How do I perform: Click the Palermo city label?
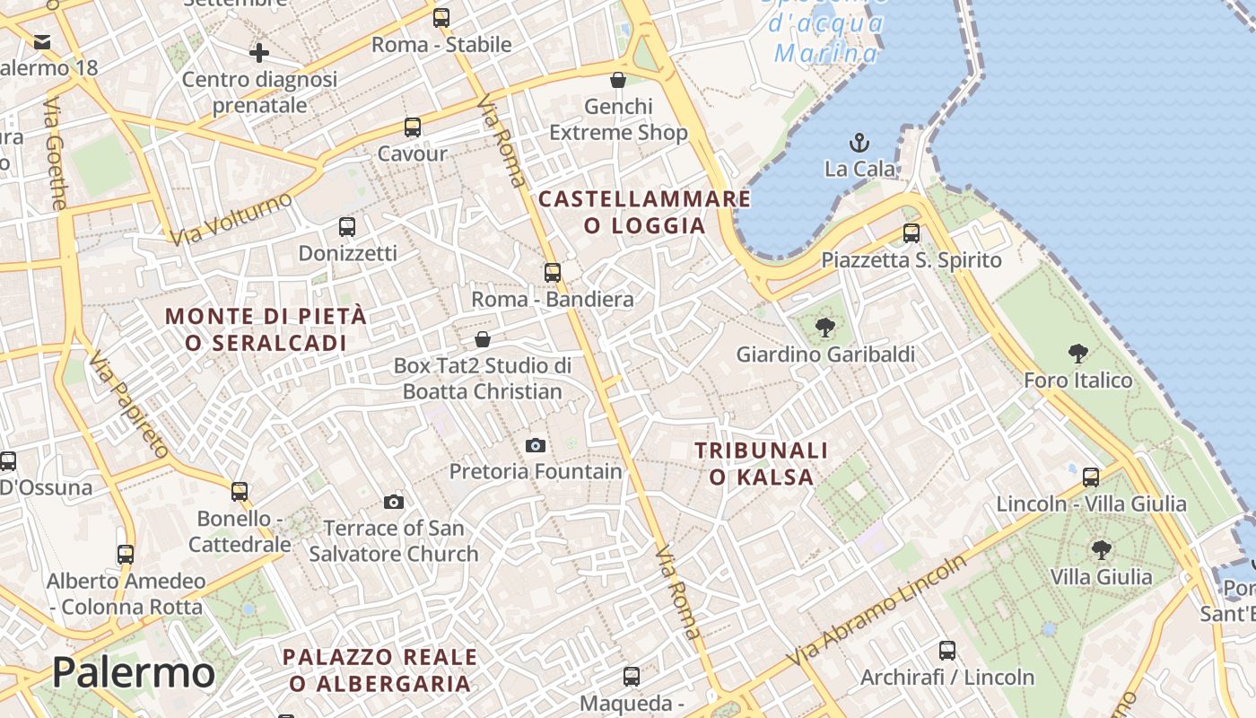(133, 672)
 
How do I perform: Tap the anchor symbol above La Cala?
(859, 143)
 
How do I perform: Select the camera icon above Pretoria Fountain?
(536, 445)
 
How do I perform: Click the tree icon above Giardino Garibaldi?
(824, 328)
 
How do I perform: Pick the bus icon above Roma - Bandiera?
(553, 272)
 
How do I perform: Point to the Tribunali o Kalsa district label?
(761, 463)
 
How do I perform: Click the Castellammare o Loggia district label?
(644, 212)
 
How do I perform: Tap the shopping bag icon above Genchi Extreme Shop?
(618, 81)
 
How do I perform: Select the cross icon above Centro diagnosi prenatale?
(259, 53)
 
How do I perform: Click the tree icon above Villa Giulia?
(1101, 549)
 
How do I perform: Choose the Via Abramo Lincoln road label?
(878, 610)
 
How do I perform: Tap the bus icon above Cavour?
(413, 127)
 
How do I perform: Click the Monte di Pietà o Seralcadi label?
(266, 329)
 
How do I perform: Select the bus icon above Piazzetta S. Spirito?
(911, 233)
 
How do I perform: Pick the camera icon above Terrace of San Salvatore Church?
(394, 502)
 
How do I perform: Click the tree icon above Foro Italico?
(1078, 354)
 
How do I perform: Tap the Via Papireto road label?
(130, 405)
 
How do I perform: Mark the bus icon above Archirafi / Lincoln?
(947, 651)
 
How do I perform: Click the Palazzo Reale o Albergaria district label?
(380, 670)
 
